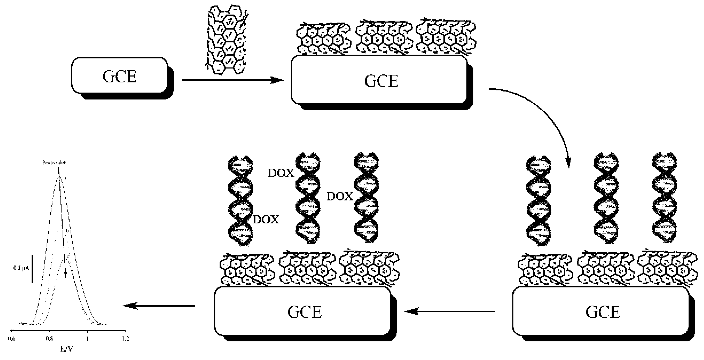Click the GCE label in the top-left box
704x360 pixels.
click(x=119, y=76)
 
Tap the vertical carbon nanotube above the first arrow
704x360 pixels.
click(x=227, y=40)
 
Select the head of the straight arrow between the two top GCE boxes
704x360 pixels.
click(x=277, y=80)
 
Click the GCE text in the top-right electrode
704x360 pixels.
click(x=381, y=81)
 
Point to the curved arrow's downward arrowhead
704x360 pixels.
click(x=568, y=164)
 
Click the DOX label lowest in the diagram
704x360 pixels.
click(x=266, y=220)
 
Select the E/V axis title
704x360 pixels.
click(x=66, y=349)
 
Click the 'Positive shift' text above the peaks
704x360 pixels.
click(x=55, y=163)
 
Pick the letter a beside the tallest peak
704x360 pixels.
click(x=66, y=179)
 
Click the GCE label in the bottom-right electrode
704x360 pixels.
click(x=603, y=312)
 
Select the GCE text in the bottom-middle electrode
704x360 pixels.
click(x=305, y=312)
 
